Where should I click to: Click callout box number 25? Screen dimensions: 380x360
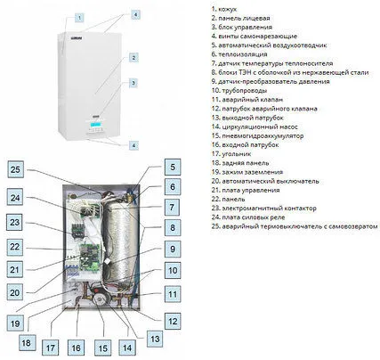(15, 169)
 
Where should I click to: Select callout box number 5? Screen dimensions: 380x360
(173, 167)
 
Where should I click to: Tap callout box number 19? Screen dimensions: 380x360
(15, 323)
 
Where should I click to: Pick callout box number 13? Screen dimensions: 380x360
(155, 339)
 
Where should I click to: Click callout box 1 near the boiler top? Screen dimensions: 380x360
(79, 18)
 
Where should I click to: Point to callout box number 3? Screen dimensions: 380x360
(133, 83)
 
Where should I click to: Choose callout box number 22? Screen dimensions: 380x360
(14, 247)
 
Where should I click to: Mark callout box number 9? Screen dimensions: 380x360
(173, 249)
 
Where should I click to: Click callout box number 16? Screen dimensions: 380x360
(76, 348)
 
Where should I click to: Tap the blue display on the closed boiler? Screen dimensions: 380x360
(96, 125)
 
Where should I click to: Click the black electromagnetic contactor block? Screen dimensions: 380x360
(77, 230)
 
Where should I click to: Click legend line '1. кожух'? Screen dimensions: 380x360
(224, 9)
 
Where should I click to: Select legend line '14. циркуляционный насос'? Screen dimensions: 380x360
(255, 127)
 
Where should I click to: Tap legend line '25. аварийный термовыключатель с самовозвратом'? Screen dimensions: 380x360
(295, 226)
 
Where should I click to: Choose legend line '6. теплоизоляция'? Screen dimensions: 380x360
(239, 54)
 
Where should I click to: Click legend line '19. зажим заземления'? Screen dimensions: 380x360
(247, 172)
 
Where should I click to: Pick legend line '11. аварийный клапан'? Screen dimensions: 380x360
(247, 100)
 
